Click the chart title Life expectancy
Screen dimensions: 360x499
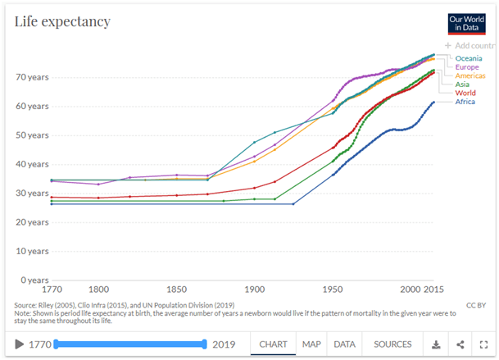(x=62, y=21)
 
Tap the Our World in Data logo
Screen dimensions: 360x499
(x=465, y=23)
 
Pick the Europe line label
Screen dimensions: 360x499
(x=468, y=66)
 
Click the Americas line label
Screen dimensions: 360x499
(x=471, y=75)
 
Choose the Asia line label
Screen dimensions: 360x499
(x=463, y=84)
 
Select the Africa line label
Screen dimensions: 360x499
(x=465, y=102)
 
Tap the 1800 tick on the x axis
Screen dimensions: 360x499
(x=98, y=290)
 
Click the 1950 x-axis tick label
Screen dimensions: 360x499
(x=332, y=290)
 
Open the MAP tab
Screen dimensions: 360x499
(x=311, y=344)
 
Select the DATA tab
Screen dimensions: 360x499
(x=345, y=344)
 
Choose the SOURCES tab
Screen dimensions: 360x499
(x=392, y=344)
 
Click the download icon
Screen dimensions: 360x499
(x=437, y=344)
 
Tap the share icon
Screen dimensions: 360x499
(x=460, y=344)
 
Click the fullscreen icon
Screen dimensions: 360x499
(x=483, y=344)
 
